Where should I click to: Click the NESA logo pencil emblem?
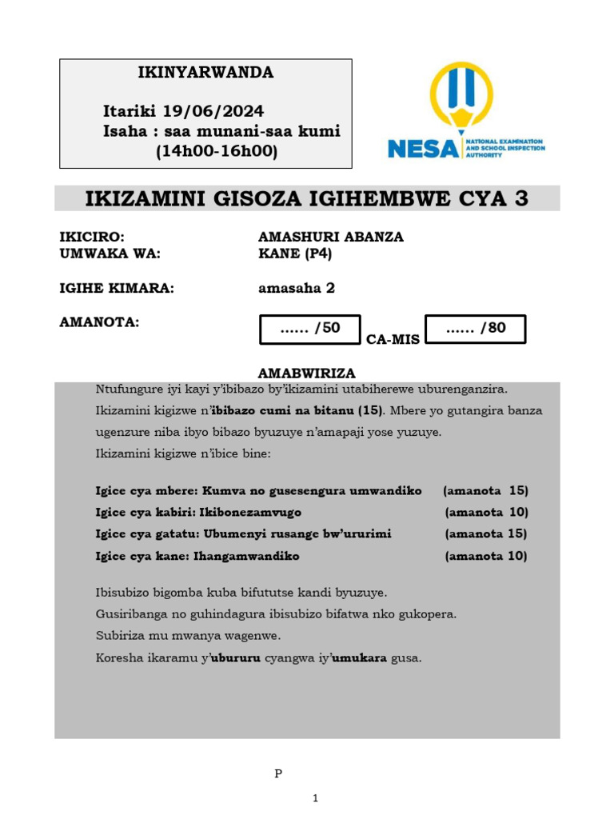[461, 99]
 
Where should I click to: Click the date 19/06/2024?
[213, 110]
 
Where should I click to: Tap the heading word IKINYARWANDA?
[206, 73]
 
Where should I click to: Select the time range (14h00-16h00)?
[217, 151]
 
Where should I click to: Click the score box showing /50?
[310, 329]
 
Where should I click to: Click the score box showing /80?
[476, 329]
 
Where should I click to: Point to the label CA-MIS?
[393, 340]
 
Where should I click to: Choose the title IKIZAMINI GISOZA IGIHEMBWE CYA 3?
[307, 198]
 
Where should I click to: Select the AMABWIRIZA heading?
[307, 374]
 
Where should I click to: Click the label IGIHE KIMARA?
[117, 289]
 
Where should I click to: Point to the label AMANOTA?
[99, 322]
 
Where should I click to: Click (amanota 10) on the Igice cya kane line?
[486, 556]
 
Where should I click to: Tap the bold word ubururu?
[236, 658]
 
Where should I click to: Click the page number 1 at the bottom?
[316, 798]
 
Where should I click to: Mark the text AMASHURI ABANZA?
[331, 237]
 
